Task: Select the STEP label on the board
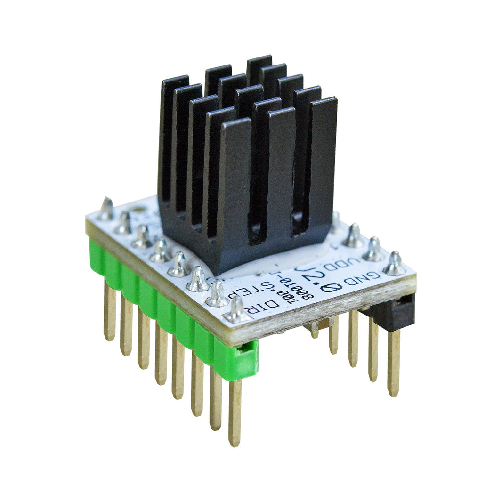pyautogui.click(x=262, y=289)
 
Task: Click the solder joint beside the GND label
pyautogui.click(x=395, y=265)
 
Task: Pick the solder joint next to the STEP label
pyautogui.click(x=217, y=295)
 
